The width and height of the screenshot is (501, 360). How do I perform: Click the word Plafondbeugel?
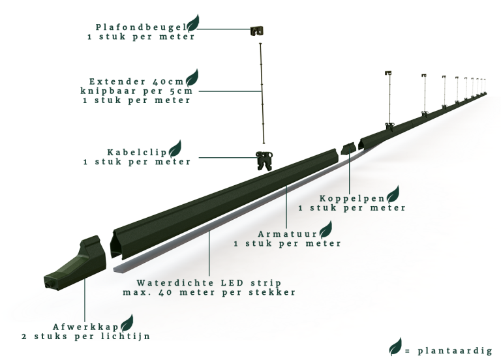point(140,27)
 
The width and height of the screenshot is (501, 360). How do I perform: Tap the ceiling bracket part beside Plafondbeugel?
point(258,30)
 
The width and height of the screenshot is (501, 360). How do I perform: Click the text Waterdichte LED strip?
point(209,283)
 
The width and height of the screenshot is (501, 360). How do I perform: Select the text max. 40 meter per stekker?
point(209,293)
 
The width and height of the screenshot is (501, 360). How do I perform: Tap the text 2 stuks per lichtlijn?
point(85,337)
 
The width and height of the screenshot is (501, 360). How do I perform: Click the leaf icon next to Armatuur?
point(324,229)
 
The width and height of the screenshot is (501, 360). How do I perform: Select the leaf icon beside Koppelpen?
point(393,193)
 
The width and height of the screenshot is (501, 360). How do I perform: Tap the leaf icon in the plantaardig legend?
point(395,348)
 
